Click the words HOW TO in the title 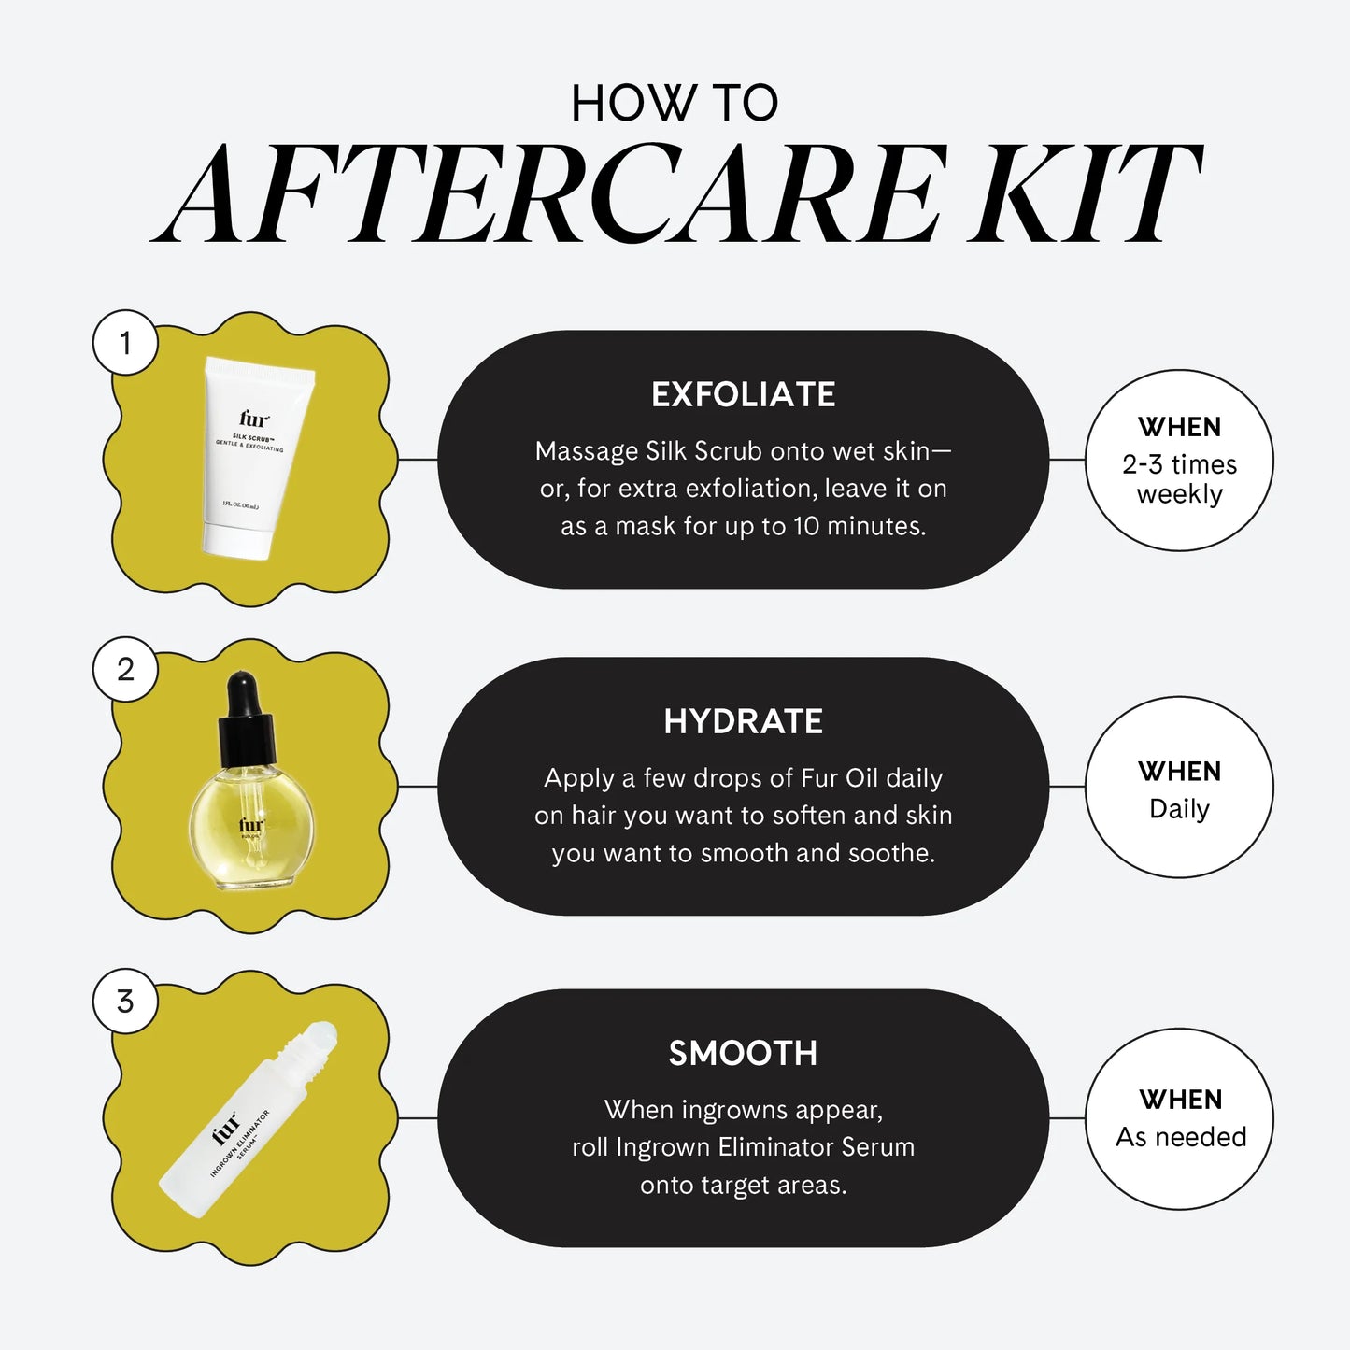[675, 103]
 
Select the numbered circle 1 [125, 343]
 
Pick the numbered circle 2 [125, 669]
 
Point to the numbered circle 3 [125, 1002]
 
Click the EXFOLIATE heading [743, 394]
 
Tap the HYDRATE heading [743, 721]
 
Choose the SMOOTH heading [743, 1053]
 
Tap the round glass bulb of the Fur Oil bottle [250, 827]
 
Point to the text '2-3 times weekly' [1179, 478]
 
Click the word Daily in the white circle [1179, 808]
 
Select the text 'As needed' [1181, 1136]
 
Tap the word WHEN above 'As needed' [1181, 1100]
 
